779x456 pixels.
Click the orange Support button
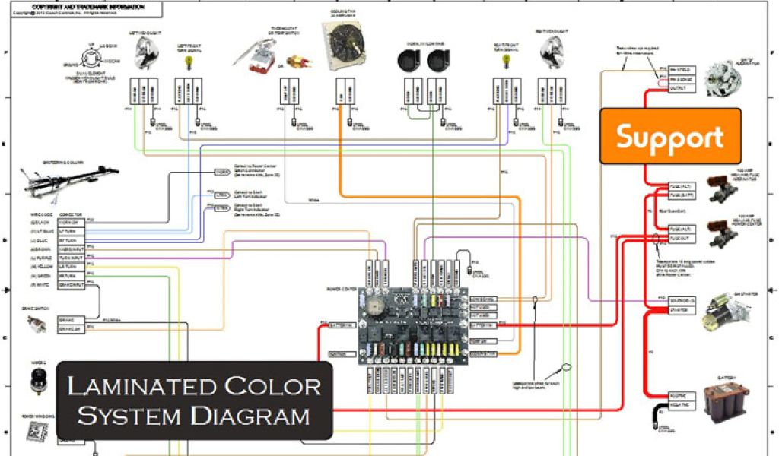click(x=670, y=137)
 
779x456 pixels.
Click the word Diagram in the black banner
click(x=262, y=416)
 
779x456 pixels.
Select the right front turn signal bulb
click(x=504, y=62)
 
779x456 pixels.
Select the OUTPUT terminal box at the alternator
click(x=659, y=88)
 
